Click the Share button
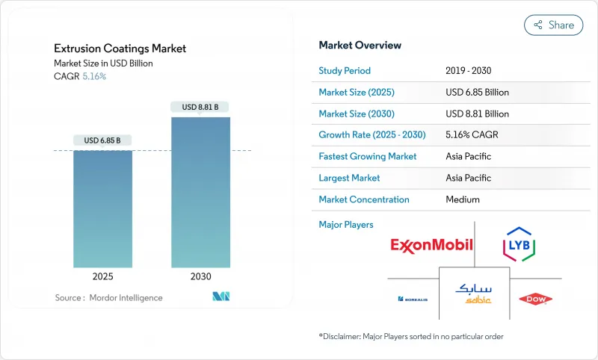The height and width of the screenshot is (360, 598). click(x=554, y=25)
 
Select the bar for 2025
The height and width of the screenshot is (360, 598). click(x=102, y=208)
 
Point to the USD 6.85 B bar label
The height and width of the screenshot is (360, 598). click(x=102, y=140)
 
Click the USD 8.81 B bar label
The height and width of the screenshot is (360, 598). click(x=200, y=107)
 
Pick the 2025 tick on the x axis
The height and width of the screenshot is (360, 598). click(x=102, y=276)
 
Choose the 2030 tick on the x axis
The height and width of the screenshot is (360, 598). click(x=200, y=276)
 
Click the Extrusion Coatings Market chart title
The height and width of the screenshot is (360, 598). click(x=120, y=49)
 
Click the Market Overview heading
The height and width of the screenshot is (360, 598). click(x=360, y=45)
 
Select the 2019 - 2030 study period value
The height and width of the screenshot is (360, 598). click(x=468, y=71)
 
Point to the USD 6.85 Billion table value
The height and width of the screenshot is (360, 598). click(x=477, y=93)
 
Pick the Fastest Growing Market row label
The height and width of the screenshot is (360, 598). click(x=367, y=157)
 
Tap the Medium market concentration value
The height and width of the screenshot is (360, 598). click(x=462, y=199)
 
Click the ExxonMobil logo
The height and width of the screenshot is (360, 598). click(x=431, y=245)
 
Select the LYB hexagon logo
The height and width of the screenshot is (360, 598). click(x=519, y=245)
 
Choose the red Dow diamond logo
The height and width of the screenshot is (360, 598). click(x=535, y=300)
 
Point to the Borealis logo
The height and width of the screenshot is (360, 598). click(x=413, y=300)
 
